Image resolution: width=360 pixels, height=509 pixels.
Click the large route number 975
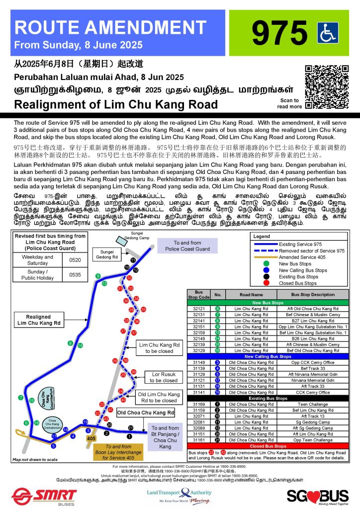[279, 32]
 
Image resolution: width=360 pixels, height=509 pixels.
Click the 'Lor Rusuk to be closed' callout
[163, 377]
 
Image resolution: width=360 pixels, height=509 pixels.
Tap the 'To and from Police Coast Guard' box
[194, 246]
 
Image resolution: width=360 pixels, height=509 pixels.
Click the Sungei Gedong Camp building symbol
[121, 240]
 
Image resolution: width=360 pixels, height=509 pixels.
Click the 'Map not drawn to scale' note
[31, 459]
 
